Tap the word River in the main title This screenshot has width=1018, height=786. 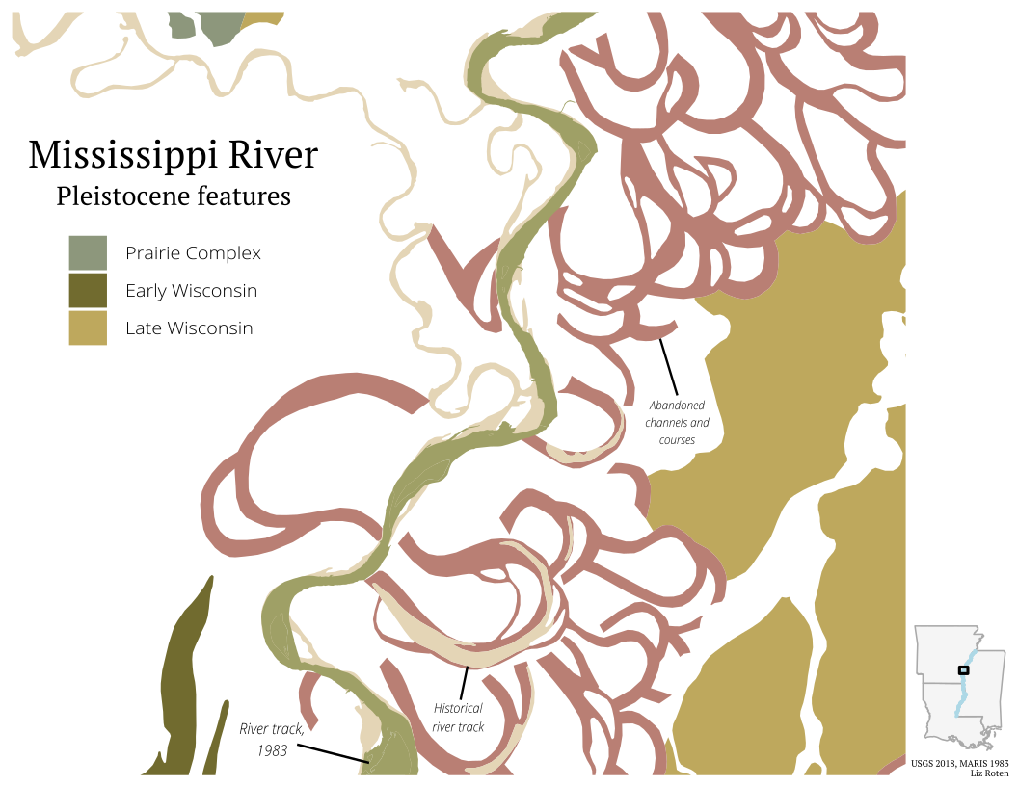(x=272, y=155)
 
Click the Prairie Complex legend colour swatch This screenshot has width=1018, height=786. (x=88, y=253)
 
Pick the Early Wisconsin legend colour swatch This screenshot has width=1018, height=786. (x=88, y=290)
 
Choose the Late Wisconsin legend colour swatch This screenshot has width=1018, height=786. (x=88, y=327)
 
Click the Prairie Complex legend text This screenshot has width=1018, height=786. (x=193, y=254)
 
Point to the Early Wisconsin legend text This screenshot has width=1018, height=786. (x=191, y=291)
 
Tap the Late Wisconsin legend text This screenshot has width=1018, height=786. (x=189, y=328)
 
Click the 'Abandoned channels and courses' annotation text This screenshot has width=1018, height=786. (x=677, y=423)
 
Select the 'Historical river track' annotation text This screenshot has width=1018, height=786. (x=458, y=718)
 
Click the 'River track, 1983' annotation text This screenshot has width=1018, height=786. (x=272, y=739)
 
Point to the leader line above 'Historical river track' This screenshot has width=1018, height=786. (x=465, y=683)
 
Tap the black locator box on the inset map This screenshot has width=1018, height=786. (x=963, y=669)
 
